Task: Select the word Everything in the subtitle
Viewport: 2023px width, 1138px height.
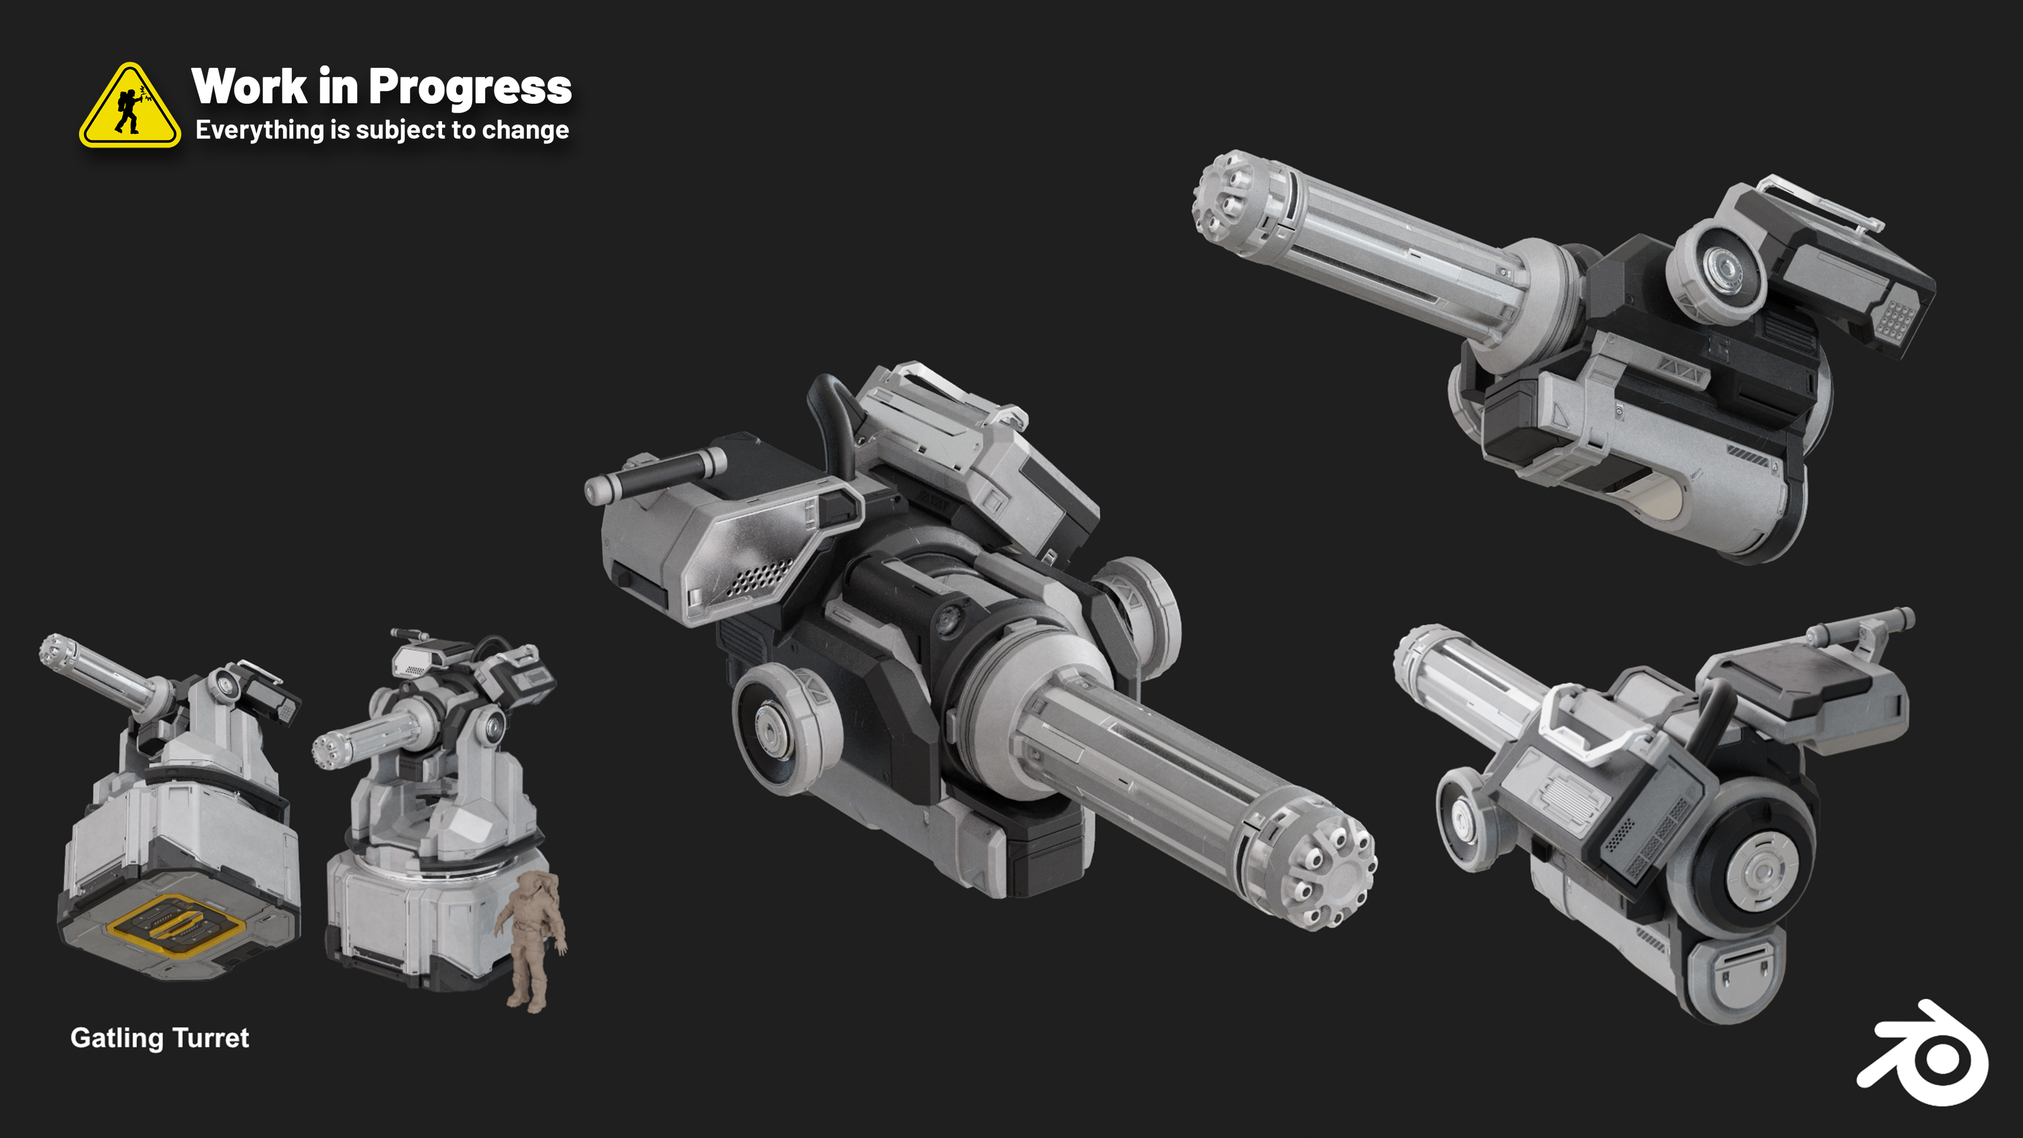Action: tap(260, 130)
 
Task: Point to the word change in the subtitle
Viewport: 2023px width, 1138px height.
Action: tap(525, 130)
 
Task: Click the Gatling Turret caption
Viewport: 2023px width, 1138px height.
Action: tap(160, 1038)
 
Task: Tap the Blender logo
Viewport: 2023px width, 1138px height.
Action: tap(1923, 1053)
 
